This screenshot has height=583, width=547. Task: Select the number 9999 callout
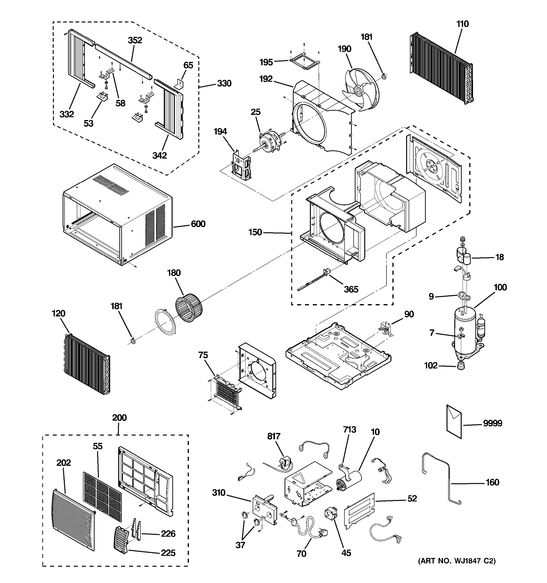pyautogui.click(x=492, y=423)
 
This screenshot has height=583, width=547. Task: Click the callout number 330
pyautogui.click(x=224, y=84)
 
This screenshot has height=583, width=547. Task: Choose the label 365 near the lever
pyautogui.click(x=351, y=289)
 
